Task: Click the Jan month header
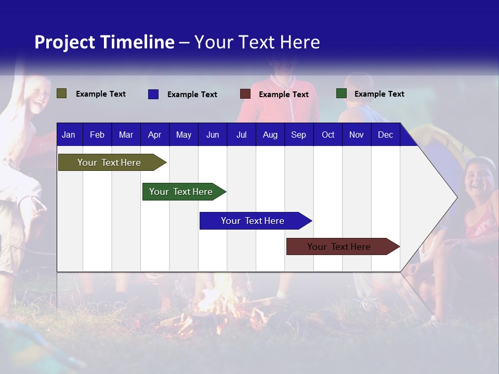click(69, 135)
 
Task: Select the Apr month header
click(154, 135)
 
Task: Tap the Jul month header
click(241, 135)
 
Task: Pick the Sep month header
click(298, 135)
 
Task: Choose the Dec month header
click(385, 135)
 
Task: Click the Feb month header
click(97, 135)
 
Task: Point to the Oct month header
click(328, 135)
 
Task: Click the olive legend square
click(62, 94)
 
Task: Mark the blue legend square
click(153, 94)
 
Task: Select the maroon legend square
click(245, 94)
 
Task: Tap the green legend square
click(341, 94)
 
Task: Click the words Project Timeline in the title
click(104, 42)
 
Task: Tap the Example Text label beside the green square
click(379, 94)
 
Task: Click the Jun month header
click(213, 135)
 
